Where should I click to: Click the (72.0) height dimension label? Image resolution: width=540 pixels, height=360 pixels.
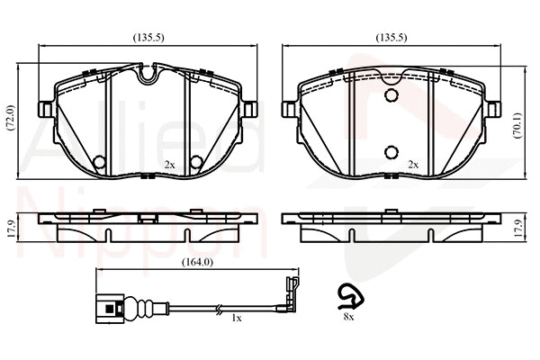pos(11,117)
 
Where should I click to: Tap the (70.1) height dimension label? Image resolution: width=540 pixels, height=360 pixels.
pos(517,125)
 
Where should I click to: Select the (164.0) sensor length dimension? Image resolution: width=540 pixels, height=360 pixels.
pos(197,262)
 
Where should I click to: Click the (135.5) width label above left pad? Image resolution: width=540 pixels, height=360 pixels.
pos(148,37)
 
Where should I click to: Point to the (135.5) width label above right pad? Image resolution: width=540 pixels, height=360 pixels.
pos(391,37)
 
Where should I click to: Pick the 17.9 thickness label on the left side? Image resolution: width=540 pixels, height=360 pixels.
pos(11,229)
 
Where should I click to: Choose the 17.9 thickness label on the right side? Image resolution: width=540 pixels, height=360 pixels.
pos(517,229)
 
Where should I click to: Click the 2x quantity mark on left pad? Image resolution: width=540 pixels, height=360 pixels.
pos(169,165)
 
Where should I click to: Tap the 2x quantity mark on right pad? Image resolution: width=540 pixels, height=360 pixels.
pos(413,165)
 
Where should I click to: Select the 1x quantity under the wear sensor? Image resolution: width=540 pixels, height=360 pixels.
pos(236,319)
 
